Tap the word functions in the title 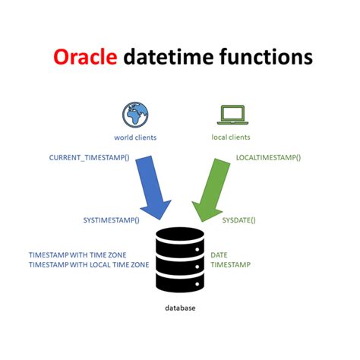(264, 58)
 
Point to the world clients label (136, 137)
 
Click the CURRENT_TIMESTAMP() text (89, 158)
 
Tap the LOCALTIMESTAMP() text (268, 158)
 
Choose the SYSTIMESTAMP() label (111, 220)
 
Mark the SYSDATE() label (238, 220)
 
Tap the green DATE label (219, 255)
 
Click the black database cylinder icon (180, 260)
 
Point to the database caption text (181, 308)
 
